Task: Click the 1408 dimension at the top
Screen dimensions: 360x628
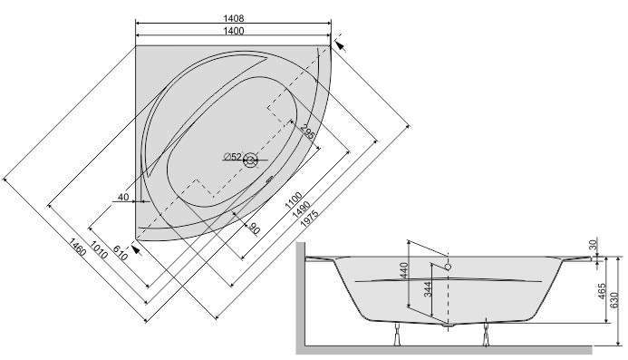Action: click(x=235, y=17)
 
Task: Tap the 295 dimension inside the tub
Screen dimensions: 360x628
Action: click(x=307, y=134)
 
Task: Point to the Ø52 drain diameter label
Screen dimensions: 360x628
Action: click(x=233, y=158)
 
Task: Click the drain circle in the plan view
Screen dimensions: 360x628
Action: click(x=251, y=162)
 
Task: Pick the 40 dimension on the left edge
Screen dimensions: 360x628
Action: click(x=123, y=198)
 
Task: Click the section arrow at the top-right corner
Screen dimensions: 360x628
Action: click(x=340, y=43)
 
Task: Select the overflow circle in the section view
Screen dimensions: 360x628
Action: click(x=448, y=267)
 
